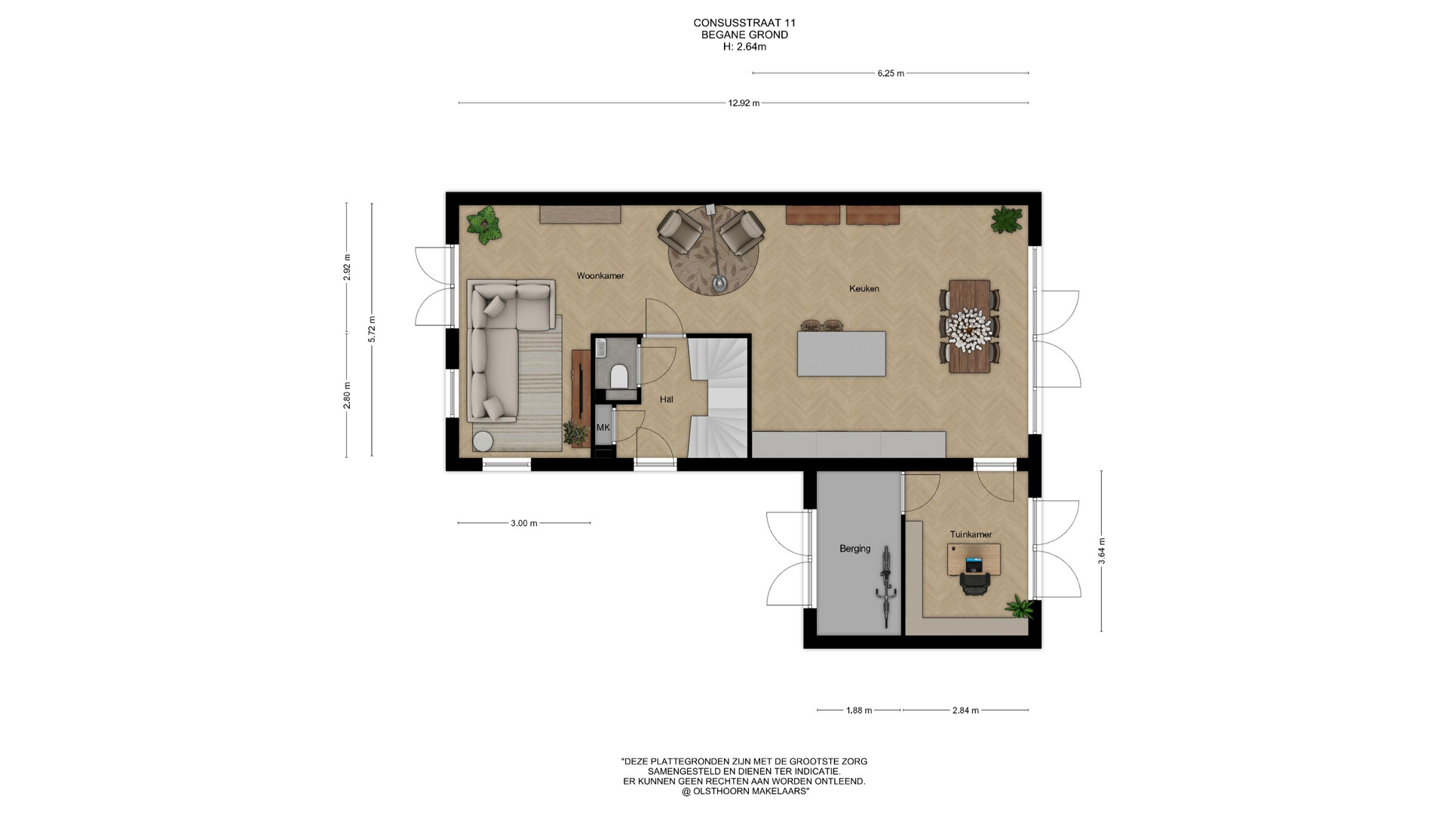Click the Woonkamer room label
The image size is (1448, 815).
click(600, 276)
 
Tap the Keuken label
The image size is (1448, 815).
click(864, 289)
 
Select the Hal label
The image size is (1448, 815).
click(667, 399)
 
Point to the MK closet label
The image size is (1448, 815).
click(603, 427)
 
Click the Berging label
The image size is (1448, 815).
click(855, 549)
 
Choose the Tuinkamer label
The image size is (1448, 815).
click(971, 535)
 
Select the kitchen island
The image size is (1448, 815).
click(842, 353)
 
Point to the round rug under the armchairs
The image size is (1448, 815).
click(713, 251)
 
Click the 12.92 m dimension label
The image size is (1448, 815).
click(744, 103)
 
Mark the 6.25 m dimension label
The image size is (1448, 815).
click(891, 73)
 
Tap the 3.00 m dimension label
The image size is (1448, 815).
click(524, 523)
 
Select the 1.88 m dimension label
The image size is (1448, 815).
click(859, 710)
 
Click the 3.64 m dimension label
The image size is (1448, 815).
click(1102, 551)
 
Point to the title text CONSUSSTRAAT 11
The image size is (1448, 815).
click(744, 23)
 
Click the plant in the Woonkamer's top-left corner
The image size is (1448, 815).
click(483, 225)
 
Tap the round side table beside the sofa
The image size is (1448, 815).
click(483, 441)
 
